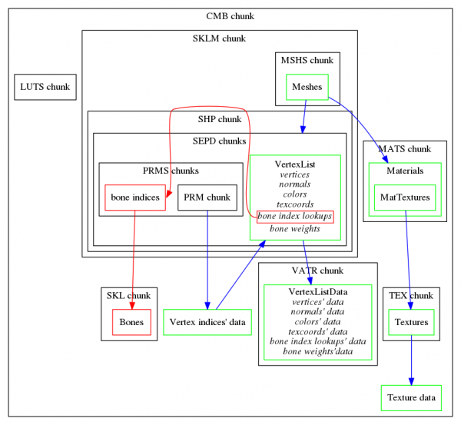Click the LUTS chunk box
pyautogui.click(x=45, y=87)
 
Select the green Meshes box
pyautogui.click(x=307, y=87)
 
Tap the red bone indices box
pyautogui.click(x=135, y=198)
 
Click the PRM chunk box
pyautogui.click(x=207, y=198)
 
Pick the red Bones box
pyautogui.click(x=131, y=321)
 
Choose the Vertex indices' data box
pyautogui.click(x=207, y=321)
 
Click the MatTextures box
pyautogui.click(x=405, y=198)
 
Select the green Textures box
pyautogui.click(x=410, y=321)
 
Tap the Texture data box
pyautogui.click(x=411, y=397)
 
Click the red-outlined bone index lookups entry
pyautogui.click(x=295, y=217)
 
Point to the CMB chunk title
pyautogui.click(x=230, y=16)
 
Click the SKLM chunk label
pyautogui.click(x=219, y=38)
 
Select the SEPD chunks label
pyautogui.click(x=219, y=141)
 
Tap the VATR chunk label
pyautogui.click(x=317, y=271)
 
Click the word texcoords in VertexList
pyautogui.click(x=295, y=205)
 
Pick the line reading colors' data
pyautogui.click(x=317, y=321)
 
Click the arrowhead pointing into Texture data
pyautogui.click(x=411, y=380)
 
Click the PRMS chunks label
pyautogui.click(x=171, y=171)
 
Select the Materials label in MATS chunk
pyautogui.click(x=404, y=170)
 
